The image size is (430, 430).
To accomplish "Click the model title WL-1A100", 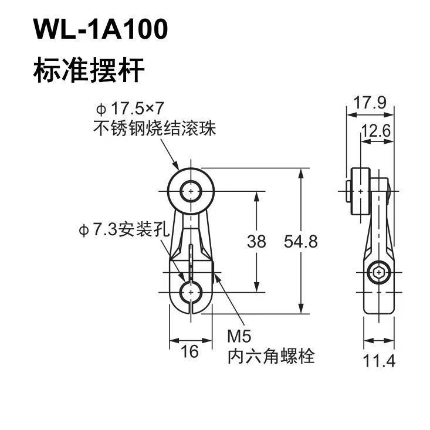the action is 100,29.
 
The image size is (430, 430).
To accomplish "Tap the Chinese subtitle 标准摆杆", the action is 89,70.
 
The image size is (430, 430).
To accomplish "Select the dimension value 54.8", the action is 301,242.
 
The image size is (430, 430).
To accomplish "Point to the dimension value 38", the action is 256,242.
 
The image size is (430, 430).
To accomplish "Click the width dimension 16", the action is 190,351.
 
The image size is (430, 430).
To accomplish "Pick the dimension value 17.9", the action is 370,103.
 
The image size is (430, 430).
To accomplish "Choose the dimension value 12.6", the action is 375,131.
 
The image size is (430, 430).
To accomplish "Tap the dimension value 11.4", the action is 380,361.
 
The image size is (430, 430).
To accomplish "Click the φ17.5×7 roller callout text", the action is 130,109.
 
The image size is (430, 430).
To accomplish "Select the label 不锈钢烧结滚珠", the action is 155,128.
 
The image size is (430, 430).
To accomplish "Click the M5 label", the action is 239,336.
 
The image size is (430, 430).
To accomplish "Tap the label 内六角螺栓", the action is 271,356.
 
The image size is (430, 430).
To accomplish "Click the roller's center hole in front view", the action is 191,191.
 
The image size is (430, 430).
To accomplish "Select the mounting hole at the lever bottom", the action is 191,292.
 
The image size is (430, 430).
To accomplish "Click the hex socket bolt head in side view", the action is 379,273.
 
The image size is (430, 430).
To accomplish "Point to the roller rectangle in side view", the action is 361,191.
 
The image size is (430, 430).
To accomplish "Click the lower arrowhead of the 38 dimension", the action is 256,286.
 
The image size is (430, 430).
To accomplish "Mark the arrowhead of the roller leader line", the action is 176,165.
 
